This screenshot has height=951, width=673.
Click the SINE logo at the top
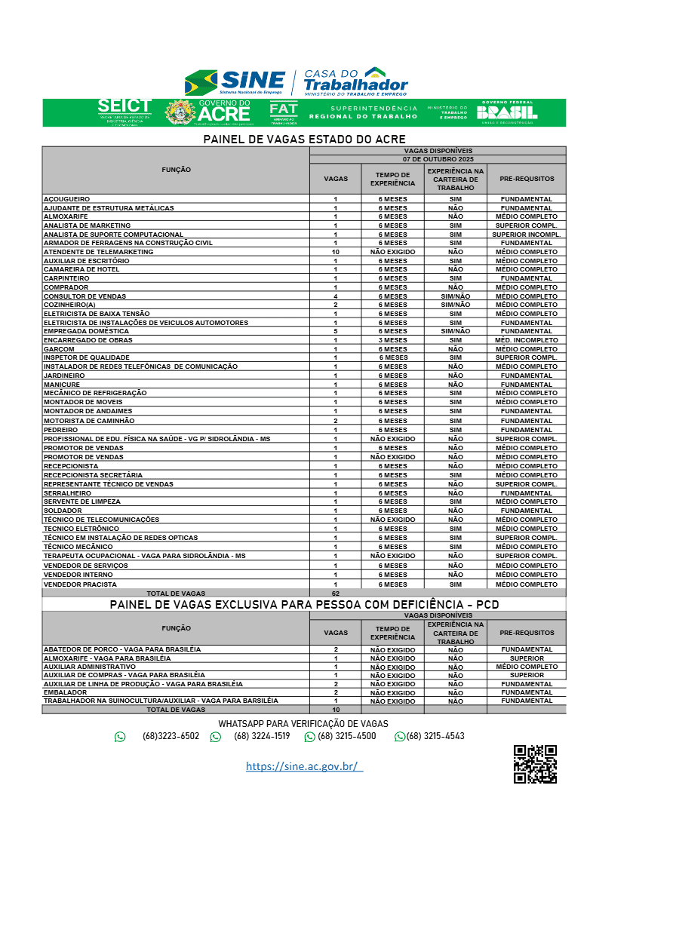coord(235,81)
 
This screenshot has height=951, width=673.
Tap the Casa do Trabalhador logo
coord(355,81)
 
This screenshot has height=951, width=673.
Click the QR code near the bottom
coord(535,764)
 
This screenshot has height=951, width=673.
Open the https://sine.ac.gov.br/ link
coord(304,766)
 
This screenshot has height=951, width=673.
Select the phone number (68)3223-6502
coord(171,736)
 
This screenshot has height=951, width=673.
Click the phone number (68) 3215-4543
coord(435,736)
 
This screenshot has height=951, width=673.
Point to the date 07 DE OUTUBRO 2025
coord(438,159)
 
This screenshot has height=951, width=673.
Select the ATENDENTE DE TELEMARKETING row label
coord(98,252)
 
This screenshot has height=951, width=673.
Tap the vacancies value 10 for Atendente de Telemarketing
coord(336,252)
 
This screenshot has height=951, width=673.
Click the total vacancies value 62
coord(336,594)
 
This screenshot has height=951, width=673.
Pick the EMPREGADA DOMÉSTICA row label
coord(86,331)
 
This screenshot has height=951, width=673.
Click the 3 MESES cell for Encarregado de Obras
coord(392,340)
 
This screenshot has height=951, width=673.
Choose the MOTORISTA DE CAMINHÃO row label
coord(89,421)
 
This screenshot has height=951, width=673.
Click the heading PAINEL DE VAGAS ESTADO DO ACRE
coord(304,140)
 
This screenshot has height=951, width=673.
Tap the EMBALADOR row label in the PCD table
coord(66,692)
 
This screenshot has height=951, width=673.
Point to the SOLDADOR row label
coord(63,511)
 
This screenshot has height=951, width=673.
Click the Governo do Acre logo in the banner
coord(209,112)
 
